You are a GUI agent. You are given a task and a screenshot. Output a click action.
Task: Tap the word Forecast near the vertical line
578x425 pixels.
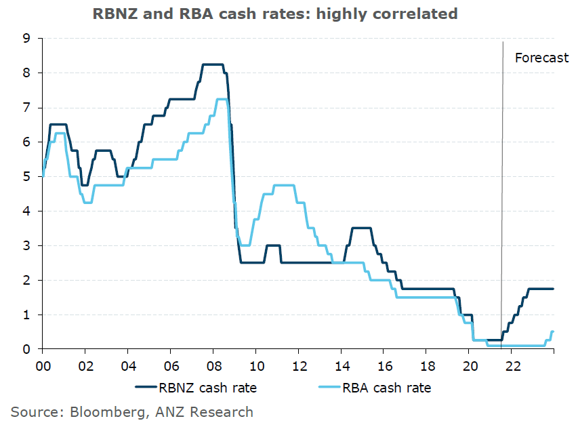point(541,58)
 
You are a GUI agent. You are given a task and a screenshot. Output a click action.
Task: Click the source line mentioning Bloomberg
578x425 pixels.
point(131,411)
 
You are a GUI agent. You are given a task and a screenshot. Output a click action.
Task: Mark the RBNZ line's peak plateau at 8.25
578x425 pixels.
point(213,64)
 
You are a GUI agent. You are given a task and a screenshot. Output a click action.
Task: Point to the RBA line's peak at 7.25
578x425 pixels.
point(222,100)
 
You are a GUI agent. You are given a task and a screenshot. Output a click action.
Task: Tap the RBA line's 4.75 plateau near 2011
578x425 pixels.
point(283,185)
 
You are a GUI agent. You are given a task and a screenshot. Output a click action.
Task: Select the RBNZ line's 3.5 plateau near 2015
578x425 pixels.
point(360,228)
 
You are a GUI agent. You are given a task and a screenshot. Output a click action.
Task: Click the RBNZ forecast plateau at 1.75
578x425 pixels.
point(541,289)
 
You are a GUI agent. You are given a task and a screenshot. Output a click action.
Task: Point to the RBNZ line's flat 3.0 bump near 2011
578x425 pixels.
point(273,245)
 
